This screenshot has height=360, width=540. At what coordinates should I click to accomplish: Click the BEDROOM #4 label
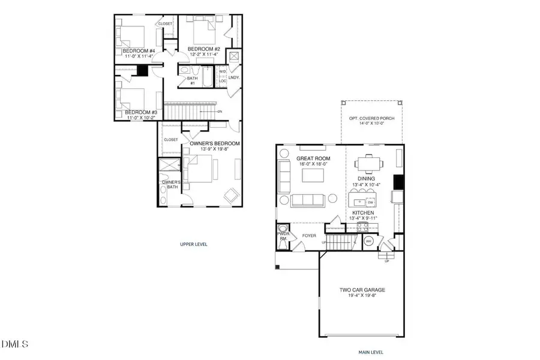pyautogui.click(x=139, y=52)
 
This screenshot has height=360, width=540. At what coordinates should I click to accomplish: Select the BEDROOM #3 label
pyautogui.click(x=140, y=112)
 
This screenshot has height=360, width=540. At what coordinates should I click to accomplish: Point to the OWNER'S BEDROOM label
pyautogui.click(x=215, y=143)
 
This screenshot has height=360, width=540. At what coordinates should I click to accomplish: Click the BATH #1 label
pyautogui.click(x=193, y=80)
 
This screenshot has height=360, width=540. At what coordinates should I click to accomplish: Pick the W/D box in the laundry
pyautogui.click(x=221, y=72)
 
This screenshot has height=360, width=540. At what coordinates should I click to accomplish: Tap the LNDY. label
pyautogui.click(x=234, y=77)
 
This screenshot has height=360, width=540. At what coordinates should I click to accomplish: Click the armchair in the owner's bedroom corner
pyautogui.click(x=230, y=195)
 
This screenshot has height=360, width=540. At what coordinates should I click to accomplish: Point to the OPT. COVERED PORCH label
pyautogui.click(x=371, y=118)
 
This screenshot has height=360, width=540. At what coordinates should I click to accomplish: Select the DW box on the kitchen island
pyautogui.click(x=371, y=203)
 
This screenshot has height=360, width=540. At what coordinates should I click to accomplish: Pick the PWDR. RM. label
pyautogui.click(x=283, y=236)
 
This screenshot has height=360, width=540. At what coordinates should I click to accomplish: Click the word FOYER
pyautogui.click(x=308, y=236)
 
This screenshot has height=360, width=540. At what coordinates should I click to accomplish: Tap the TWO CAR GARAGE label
pyautogui.click(x=362, y=290)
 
